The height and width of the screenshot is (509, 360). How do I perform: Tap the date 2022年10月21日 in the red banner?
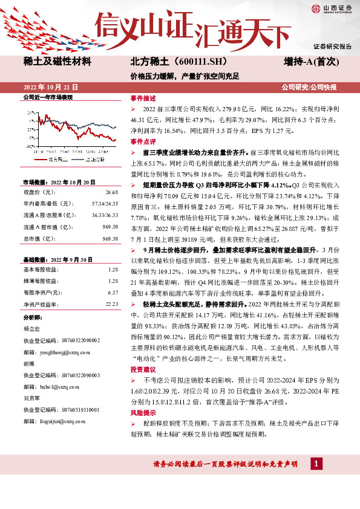(51, 87)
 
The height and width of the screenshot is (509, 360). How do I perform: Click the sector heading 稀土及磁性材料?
(57, 62)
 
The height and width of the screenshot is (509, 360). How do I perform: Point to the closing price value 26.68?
(111, 192)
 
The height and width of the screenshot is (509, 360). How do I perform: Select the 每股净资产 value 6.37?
(112, 292)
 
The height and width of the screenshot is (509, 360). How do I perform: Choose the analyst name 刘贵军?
(31, 398)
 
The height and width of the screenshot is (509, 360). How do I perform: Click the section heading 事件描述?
(142, 98)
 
